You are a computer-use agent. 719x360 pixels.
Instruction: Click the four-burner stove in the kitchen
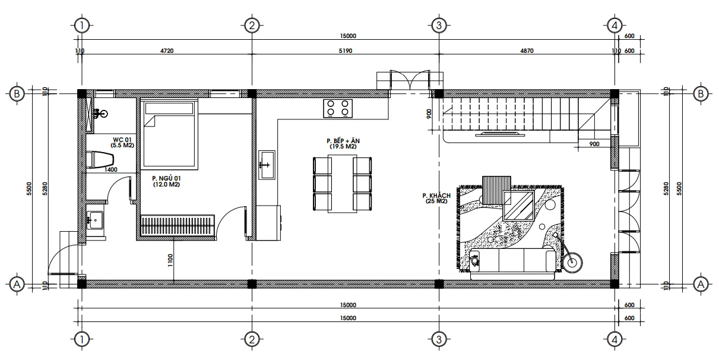click(x=338, y=108)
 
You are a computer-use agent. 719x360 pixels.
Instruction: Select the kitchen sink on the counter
click(x=267, y=160)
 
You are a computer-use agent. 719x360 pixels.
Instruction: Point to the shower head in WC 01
click(x=102, y=113)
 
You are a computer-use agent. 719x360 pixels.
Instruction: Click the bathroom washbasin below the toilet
click(x=95, y=220)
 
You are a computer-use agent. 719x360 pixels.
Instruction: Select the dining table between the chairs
click(x=342, y=184)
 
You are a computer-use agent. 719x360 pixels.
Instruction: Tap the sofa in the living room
click(x=512, y=261)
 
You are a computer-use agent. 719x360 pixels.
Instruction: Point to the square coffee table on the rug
click(x=517, y=205)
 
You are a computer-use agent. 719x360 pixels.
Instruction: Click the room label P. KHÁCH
click(x=436, y=195)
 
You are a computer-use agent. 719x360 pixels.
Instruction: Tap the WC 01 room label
click(x=122, y=140)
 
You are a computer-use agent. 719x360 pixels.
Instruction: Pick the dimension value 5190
click(x=345, y=51)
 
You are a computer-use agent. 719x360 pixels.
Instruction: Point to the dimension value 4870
click(x=527, y=51)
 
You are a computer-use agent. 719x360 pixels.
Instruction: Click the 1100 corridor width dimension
click(x=170, y=260)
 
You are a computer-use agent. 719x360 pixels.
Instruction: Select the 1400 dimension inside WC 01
click(x=111, y=170)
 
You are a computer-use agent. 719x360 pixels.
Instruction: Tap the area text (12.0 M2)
click(x=166, y=185)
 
